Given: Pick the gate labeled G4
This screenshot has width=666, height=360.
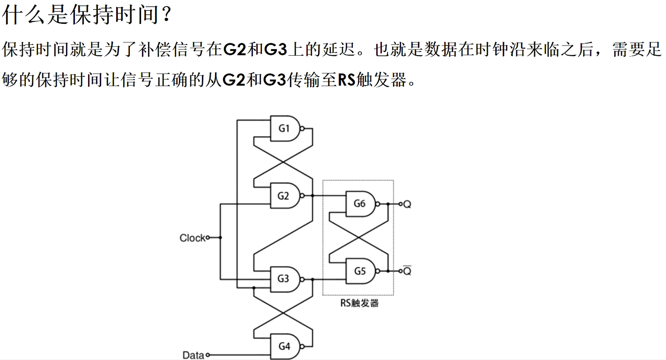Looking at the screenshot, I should pos(285,346).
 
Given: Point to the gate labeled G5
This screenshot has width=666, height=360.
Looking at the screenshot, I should pos(360,271).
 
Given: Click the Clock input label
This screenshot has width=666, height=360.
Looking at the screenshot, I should pos(192,238).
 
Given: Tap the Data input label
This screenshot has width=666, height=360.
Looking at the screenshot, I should pos(193,355).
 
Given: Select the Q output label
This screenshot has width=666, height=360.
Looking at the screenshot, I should pos(407,204).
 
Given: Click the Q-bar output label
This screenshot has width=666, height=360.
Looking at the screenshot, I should pos(407,271).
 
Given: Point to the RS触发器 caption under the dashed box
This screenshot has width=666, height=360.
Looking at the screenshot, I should pos(359,303).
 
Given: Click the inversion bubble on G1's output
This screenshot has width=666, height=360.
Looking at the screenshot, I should pos(302,129).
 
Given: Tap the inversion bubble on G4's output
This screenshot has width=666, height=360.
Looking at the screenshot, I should pos(302,347).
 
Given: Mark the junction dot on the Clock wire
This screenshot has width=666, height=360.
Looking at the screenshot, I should pos(220,238).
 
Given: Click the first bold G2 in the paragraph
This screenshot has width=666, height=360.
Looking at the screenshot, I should pos(234,50).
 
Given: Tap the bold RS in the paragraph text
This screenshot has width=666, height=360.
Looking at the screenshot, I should pos(347,80).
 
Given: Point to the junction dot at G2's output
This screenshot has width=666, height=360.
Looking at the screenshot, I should pos(312,196).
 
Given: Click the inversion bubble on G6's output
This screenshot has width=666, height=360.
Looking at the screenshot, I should pos(377,204).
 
